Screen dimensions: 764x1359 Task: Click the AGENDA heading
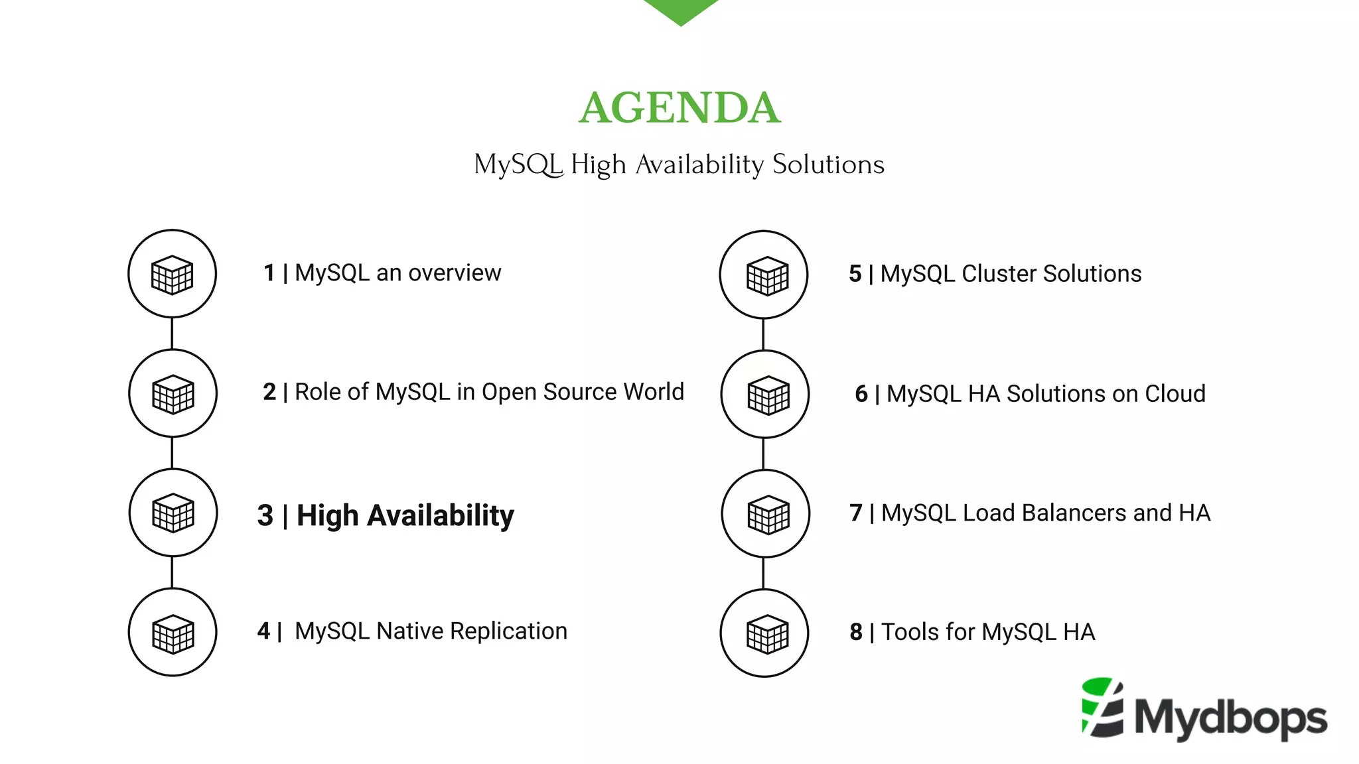click(679, 108)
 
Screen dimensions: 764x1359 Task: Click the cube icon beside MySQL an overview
click(172, 274)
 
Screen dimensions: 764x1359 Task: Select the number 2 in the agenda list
click(269, 392)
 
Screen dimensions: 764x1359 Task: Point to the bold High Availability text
click(405, 515)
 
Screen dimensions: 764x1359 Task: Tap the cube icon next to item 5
click(767, 275)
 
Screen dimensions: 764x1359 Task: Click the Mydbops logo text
click(1231, 718)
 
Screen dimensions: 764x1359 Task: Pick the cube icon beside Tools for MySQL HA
click(767, 633)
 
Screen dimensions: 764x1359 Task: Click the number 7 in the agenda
click(856, 513)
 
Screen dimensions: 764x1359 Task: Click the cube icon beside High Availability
click(173, 513)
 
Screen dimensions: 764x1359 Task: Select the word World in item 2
click(654, 392)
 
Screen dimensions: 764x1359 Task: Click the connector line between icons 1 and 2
click(172, 333)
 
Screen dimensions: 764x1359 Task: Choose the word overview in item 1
click(455, 273)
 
